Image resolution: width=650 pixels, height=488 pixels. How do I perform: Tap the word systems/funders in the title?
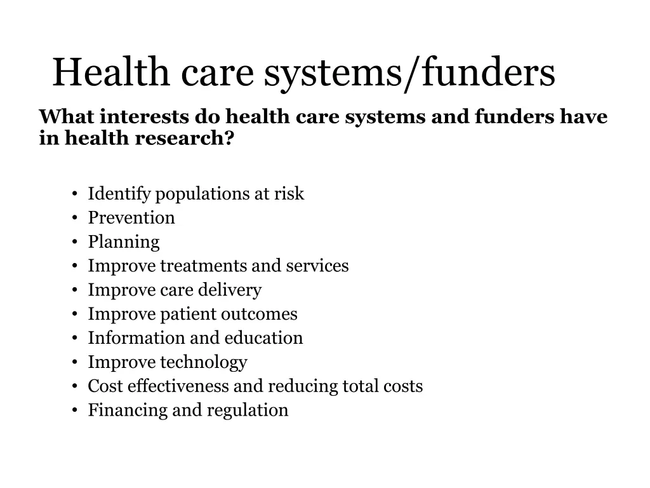[409, 73]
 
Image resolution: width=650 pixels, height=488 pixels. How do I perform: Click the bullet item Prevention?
[131, 218]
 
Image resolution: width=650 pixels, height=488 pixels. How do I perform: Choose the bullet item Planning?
[124, 242]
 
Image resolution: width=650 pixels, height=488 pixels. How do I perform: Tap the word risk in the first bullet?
[289, 194]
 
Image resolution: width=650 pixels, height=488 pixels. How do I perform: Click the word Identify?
[119, 194]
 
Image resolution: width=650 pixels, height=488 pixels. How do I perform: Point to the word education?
[263, 338]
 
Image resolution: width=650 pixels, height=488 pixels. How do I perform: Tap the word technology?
[203, 363]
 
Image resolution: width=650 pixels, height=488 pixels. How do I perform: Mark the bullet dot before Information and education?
[75, 339]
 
